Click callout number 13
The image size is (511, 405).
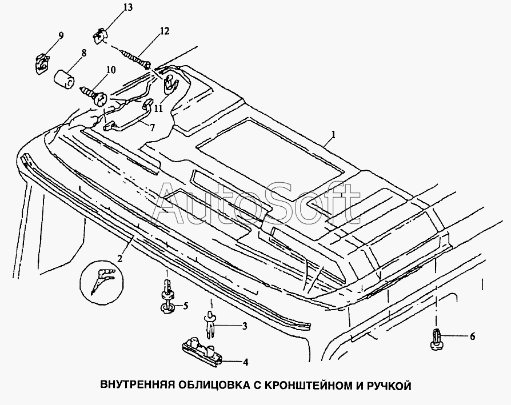(x=128, y=7)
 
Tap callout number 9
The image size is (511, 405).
(x=61, y=35)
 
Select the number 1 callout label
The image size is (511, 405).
(x=333, y=134)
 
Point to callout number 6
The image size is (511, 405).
(x=472, y=336)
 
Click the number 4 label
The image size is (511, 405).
(x=245, y=362)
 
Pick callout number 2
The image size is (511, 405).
(x=120, y=259)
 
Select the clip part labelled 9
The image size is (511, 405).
(x=42, y=63)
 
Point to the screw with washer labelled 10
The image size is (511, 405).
(x=94, y=95)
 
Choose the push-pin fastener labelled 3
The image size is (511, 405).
(x=211, y=324)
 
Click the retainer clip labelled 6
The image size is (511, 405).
(x=436, y=339)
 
